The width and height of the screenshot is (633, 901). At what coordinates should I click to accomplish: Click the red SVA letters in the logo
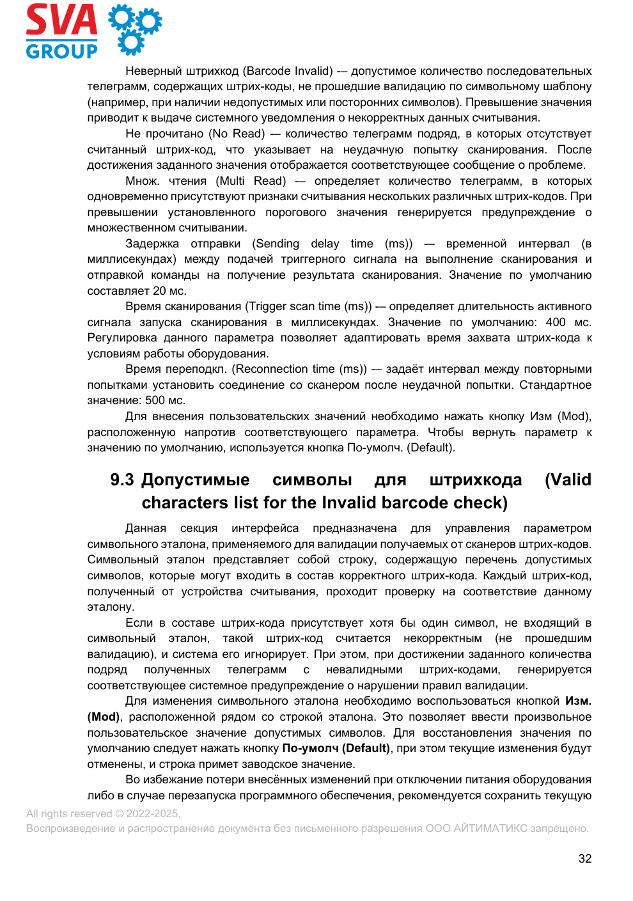tap(61, 20)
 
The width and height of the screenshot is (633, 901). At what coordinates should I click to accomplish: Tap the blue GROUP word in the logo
tap(61, 51)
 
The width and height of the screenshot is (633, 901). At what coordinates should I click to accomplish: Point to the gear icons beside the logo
tap(134, 29)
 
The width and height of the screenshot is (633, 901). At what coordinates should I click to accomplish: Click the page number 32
tap(584, 859)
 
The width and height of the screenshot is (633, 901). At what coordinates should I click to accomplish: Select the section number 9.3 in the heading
tap(121, 480)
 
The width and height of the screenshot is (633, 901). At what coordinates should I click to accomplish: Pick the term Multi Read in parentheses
tap(251, 181)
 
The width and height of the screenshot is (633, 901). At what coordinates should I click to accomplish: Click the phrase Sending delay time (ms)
tap(332, 244)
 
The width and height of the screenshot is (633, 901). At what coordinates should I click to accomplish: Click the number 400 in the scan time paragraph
tap(555, 322)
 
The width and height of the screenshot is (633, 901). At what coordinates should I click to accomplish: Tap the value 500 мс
tap(165, 400)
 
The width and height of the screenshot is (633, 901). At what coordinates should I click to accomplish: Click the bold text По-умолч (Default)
tap(336, 748)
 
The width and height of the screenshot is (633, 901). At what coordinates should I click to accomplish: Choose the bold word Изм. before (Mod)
tap(578, 701)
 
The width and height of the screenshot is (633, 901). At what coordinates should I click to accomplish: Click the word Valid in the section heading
tap(568, 480)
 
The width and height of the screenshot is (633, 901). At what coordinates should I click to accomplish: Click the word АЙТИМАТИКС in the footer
tap(490, 828)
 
